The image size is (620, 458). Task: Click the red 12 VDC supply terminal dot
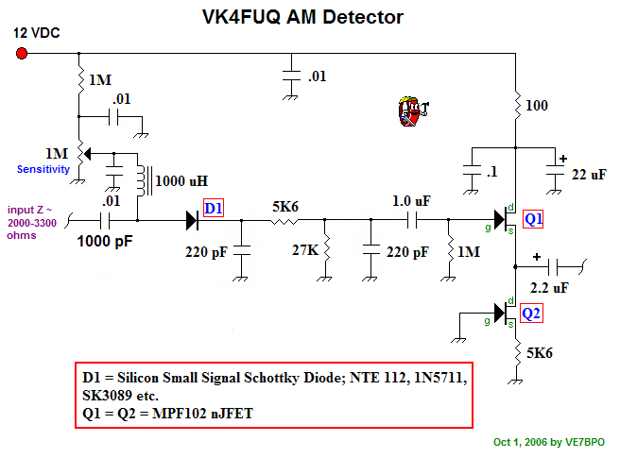pyautogui.click(x=22, y=54)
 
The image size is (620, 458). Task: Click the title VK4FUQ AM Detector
pyautogui.click(x=303, y=17)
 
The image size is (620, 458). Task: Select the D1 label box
pyautogui.click(x=215, y=207)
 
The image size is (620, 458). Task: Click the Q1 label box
pyautogui.click(x=535, y=219)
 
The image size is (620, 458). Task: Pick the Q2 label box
pyautogui.click(x=534, y=313)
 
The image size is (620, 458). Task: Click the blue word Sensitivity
pyautogui.click(x=43, y=169)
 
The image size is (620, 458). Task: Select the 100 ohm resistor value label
pyautogui.click(x=537, y=106)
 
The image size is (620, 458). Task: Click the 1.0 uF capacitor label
pyautogui.click(x=413, y=201)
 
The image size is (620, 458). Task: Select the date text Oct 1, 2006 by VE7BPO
pyautogui.click(x=548, y=441)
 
